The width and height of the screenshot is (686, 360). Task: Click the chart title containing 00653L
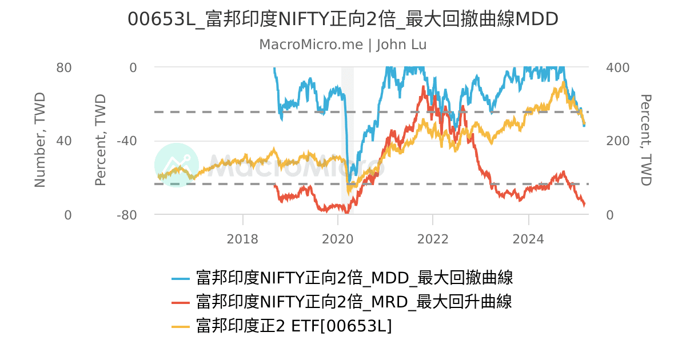click(343, 19)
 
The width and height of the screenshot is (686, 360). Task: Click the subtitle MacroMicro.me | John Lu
click(343, 45)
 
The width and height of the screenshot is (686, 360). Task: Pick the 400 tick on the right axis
click(617, 67)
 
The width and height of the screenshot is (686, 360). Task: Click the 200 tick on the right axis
click(617, 141)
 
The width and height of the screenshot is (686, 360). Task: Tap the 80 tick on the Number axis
click(64, 67)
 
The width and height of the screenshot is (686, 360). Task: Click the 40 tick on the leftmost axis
click(64, 141)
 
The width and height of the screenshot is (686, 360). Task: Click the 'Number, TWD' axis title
click(39, 140)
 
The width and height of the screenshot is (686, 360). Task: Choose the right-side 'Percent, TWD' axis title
click(645, 140)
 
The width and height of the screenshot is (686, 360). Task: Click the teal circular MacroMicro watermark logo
click(177, 165)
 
